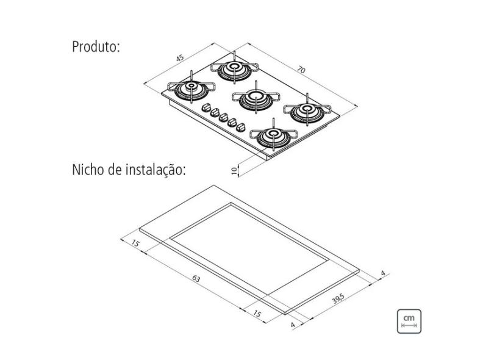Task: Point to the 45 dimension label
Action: pyautogui.click(x=180, y=58)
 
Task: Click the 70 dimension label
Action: pyautogui.click(x=301, y=70)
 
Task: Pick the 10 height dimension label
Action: pyautogui.click(x=235, y=170)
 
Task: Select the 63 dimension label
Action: pyautogui.click(x=196, y=279)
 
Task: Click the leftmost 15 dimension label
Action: pyautogui.click(x=135, y=244)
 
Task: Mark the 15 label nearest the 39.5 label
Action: pyautogui.click(x=257, y=313)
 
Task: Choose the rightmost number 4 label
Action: pyautogui.click(x=382, y=273)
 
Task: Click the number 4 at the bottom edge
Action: pyautogui.click(x=293, y=324)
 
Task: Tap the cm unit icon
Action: pyautogui.click(x=409, y=321)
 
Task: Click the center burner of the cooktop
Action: pyautogui.click(x=252, y=98)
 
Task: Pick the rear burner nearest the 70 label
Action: pyautogui.click(x=235, y=69)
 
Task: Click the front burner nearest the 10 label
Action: pyautogui.click(x=270, y=135)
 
